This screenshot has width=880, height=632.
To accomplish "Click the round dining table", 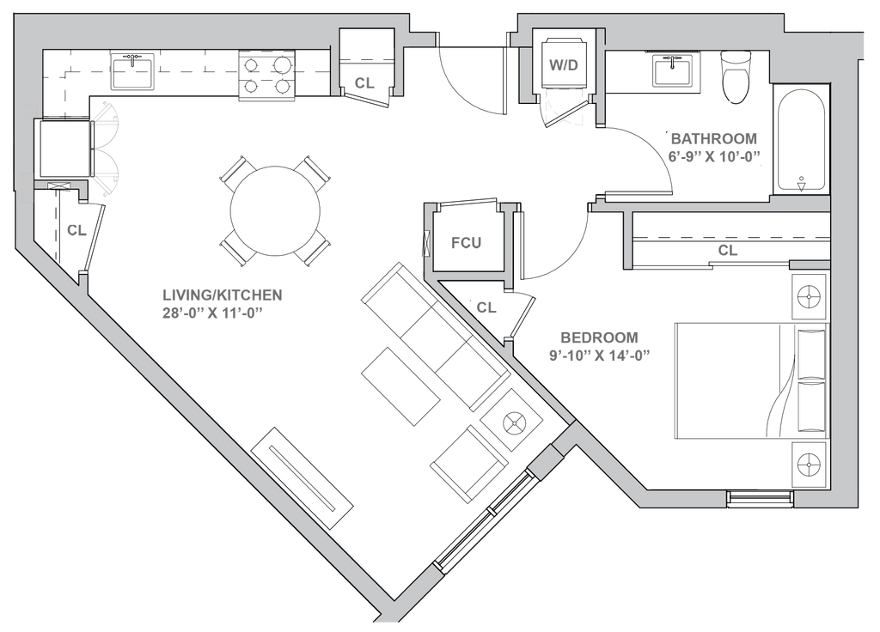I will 275,210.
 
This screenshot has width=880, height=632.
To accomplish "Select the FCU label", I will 467,244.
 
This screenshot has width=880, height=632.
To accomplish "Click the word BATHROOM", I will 714,139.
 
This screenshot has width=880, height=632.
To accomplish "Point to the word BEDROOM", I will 594,337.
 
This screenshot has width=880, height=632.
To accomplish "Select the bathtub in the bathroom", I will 800,140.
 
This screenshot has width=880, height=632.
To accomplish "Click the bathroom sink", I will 671,70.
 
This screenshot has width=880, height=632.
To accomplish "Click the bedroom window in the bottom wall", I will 760,499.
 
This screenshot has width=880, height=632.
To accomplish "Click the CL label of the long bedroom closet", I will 727,251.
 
